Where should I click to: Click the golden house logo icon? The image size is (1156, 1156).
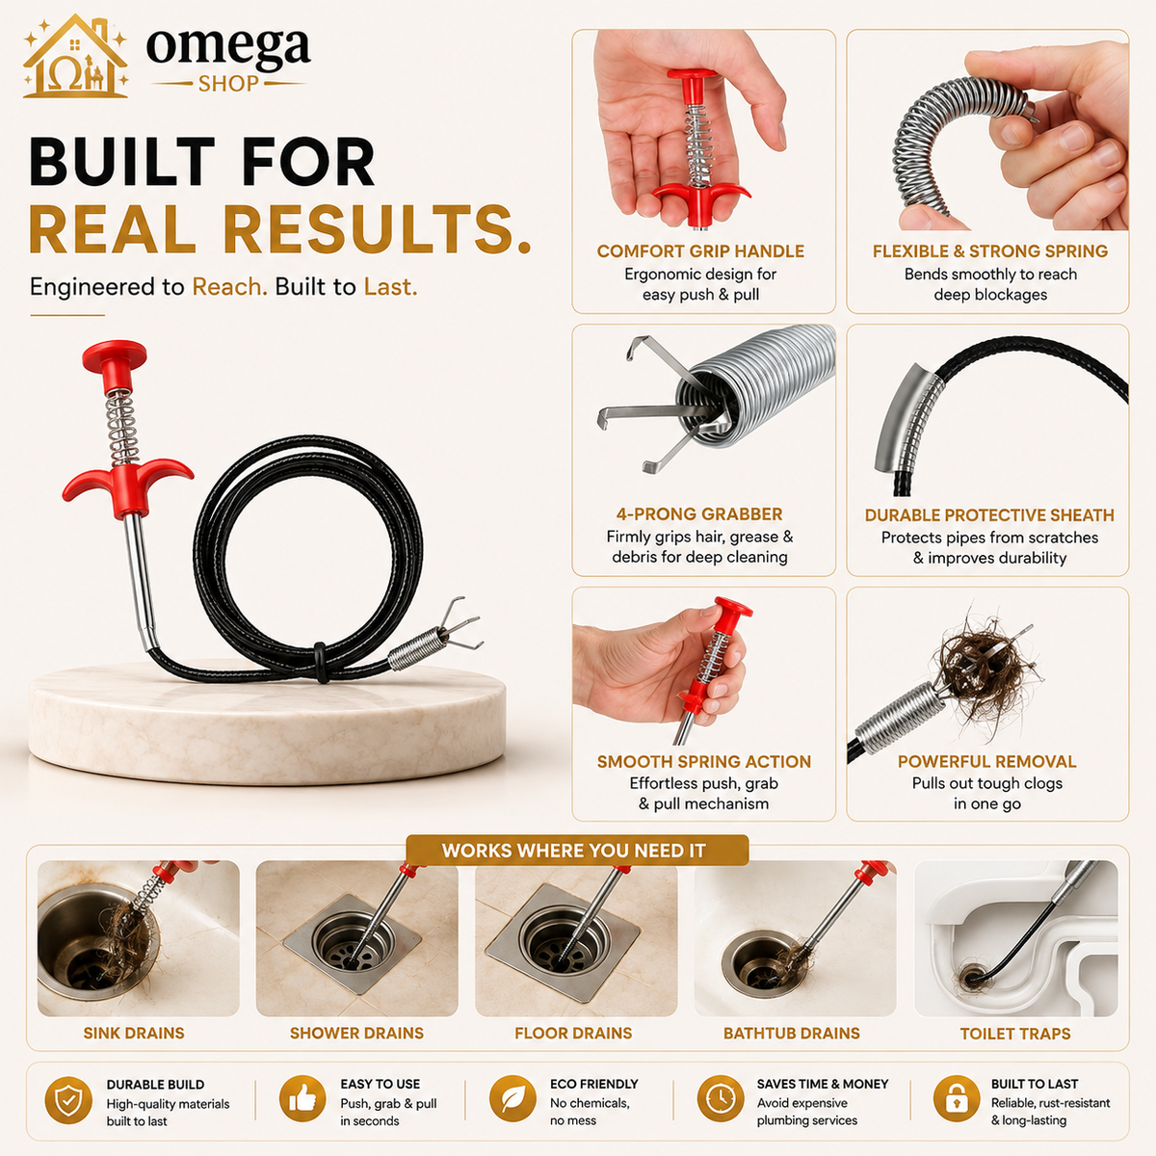point(75,57)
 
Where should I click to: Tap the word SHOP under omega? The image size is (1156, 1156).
point(228,84)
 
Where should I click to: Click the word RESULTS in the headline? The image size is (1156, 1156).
point(378,229)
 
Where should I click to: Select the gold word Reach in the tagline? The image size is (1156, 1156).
point(230,287)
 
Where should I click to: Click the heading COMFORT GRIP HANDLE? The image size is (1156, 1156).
point(700,250)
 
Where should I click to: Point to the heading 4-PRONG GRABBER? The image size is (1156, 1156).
point(699,514)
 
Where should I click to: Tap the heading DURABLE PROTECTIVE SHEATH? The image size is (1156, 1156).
point(989,514)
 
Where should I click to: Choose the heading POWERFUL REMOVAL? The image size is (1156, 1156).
point(986,761)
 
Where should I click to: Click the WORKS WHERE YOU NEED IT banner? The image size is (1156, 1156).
point(577,850)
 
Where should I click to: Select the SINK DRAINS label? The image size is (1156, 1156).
point(134,1033)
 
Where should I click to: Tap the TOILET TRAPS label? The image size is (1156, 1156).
point(1015,1034)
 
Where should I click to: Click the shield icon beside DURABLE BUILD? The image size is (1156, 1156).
point(68,1100)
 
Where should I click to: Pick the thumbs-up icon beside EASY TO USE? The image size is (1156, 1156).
point(302,1099)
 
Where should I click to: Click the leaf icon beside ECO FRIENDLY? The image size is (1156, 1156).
point(512,1099)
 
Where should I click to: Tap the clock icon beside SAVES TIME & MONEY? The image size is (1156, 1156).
point(721,1099)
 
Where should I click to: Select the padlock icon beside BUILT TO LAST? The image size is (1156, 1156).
point(957,1099)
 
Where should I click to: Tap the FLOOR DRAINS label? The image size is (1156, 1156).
point(573,1033)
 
